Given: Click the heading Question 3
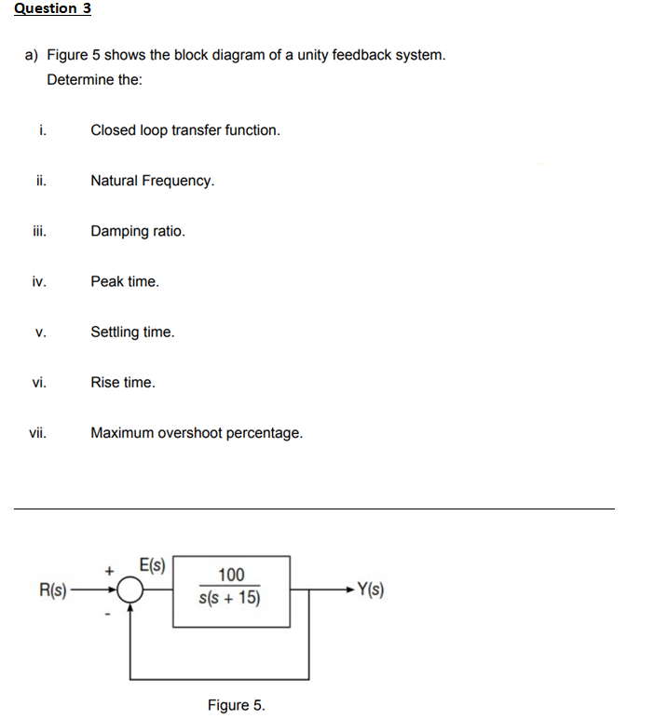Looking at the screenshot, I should [x=52, y=8].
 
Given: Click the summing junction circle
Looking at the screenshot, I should [x=131, y=590].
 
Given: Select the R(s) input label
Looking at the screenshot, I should [x=52, y=589].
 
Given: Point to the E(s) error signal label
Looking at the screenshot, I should [x=151, y=564].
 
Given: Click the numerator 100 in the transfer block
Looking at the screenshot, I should [x=231, y=575].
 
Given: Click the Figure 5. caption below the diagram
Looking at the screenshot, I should [x=236, y=705].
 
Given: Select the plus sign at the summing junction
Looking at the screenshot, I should [x=109, y=567].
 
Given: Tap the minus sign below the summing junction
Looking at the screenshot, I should [x=109, y=613].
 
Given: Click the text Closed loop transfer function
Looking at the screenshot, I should [x=184, y=130].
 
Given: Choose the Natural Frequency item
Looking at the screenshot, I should [x=152, y=181].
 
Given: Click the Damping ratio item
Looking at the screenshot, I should [x=137, y=231].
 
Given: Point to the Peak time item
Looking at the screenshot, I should [x=124, y=281].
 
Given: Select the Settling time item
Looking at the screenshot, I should [x=131, y=332].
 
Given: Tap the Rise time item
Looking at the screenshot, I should [x=122, y=383].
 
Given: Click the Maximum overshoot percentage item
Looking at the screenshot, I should [x=196, y=433].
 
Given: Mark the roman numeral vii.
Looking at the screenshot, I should [x=38, y=433].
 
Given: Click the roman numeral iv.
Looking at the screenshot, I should [x=38, y=281].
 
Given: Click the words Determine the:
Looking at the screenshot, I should [x=94, y=80].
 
